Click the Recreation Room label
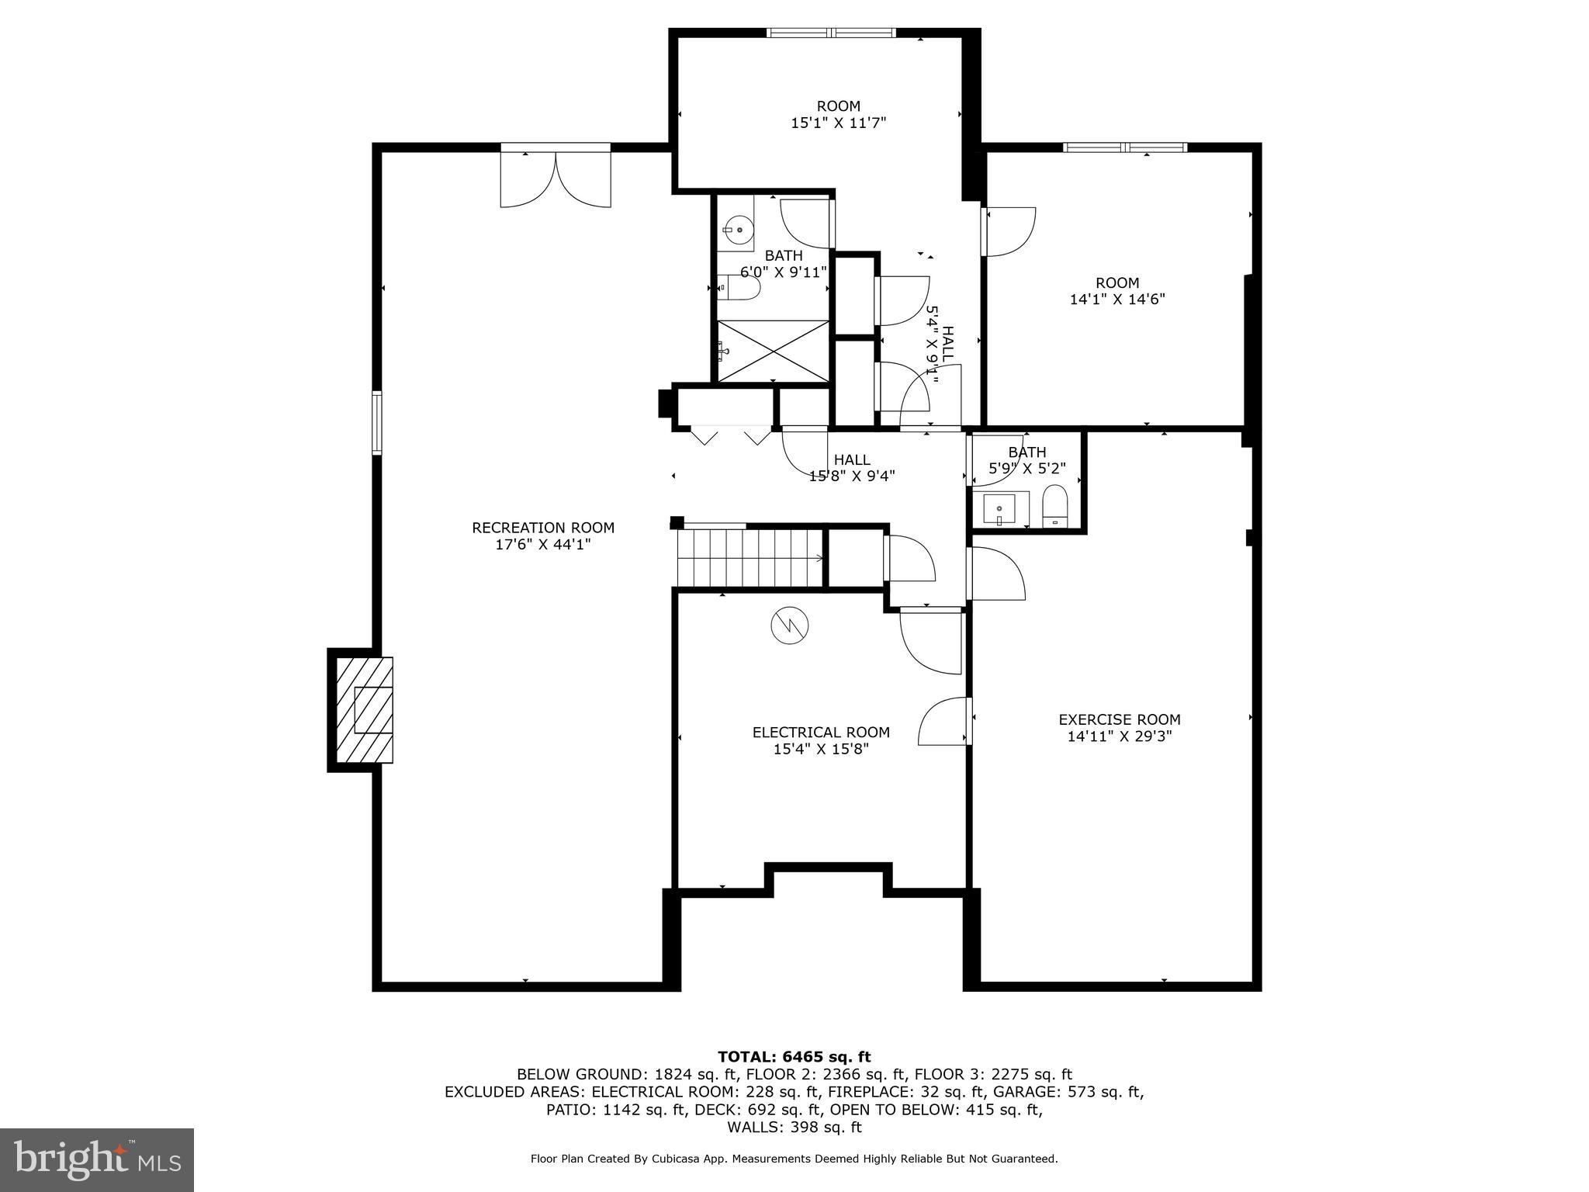coord(543,528)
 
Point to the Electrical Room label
coord(821,732)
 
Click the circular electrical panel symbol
coord(790,624)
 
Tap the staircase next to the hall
coord(749,557)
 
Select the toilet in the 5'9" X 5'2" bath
coord(1054,506)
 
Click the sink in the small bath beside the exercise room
coord(999,510)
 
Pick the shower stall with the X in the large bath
coord(773,352)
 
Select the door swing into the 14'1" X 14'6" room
coord(1010,230)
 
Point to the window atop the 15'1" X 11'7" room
coord(831,33)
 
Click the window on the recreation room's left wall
coord(377,422)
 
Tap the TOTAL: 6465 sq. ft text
coord(794,1056)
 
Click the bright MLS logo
coord(97,1159)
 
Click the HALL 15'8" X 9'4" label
coord(852,468)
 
